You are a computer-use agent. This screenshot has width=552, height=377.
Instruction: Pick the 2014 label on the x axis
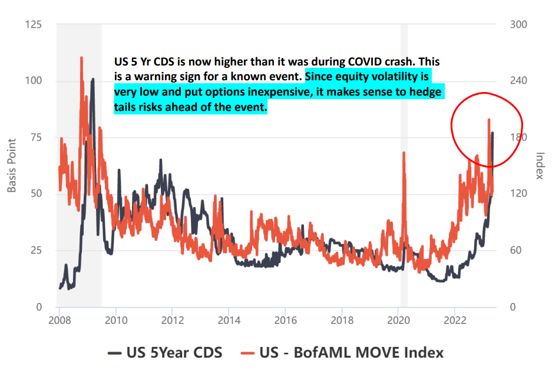click(x=229, y=320)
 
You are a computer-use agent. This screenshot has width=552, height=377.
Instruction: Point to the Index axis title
click(x=539, y=166)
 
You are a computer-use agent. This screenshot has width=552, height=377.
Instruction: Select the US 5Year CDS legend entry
click(x=166, y=353)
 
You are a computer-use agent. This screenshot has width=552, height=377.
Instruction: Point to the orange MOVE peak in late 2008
click(x=81, y=58)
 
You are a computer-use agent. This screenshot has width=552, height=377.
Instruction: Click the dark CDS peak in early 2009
click(x=92, y=79)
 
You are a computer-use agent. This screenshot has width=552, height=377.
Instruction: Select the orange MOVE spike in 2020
click(x=404, y=153)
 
